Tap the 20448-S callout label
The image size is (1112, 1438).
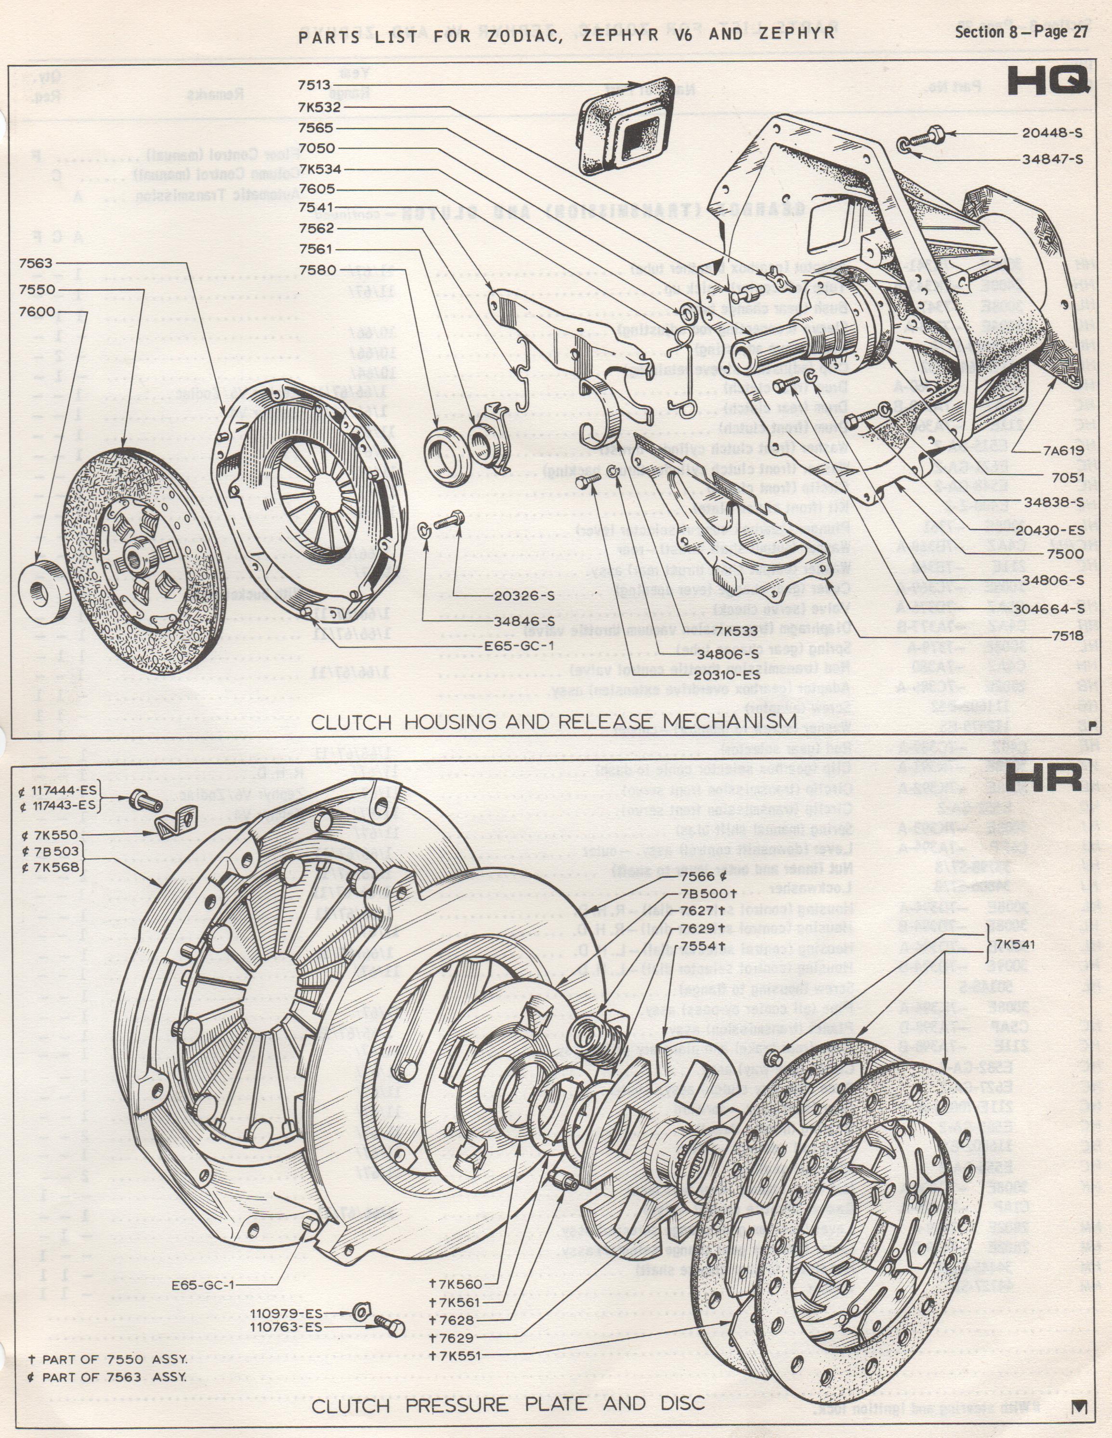[1052, 133]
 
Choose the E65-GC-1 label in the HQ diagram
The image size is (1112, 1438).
[519, 645]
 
